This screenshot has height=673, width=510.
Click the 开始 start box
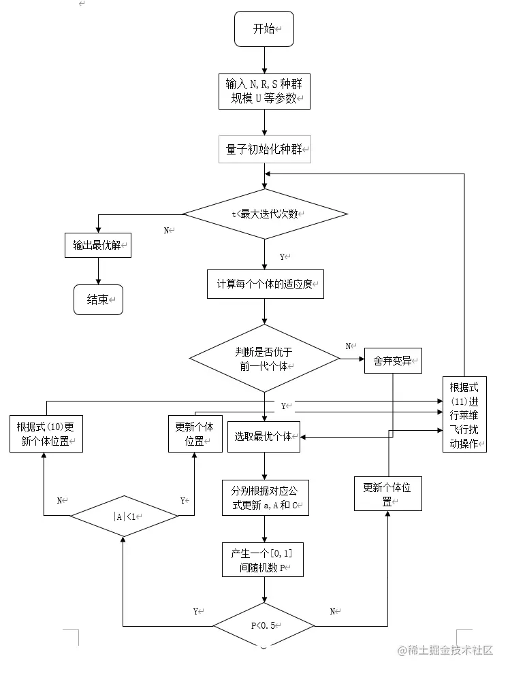pos(264,29)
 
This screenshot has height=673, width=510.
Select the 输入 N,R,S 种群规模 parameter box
pos(264,91)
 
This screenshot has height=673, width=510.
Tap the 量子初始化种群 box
pos(264,149)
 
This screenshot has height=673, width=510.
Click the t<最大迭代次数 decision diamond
pos(265,214)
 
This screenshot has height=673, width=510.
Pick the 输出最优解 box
pos(98,245)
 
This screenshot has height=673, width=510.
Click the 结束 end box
pos(99,299)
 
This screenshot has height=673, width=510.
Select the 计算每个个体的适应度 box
pos(265,284)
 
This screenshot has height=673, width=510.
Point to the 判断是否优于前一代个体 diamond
pos(264,358)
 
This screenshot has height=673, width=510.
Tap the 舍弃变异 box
pos(393,361)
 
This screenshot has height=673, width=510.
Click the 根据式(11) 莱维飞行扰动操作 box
pos(464,414)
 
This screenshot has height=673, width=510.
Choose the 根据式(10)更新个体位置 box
pos(46,433)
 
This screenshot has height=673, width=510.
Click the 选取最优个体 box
pos(264,436)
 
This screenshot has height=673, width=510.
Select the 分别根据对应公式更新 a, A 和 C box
pos(265,498)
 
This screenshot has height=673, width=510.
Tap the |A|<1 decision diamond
pos(124,516)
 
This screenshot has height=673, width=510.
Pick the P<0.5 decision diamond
pos(264,625)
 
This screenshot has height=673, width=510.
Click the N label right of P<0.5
pos(334,612)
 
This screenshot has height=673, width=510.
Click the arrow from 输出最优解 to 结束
pos(99,271)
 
